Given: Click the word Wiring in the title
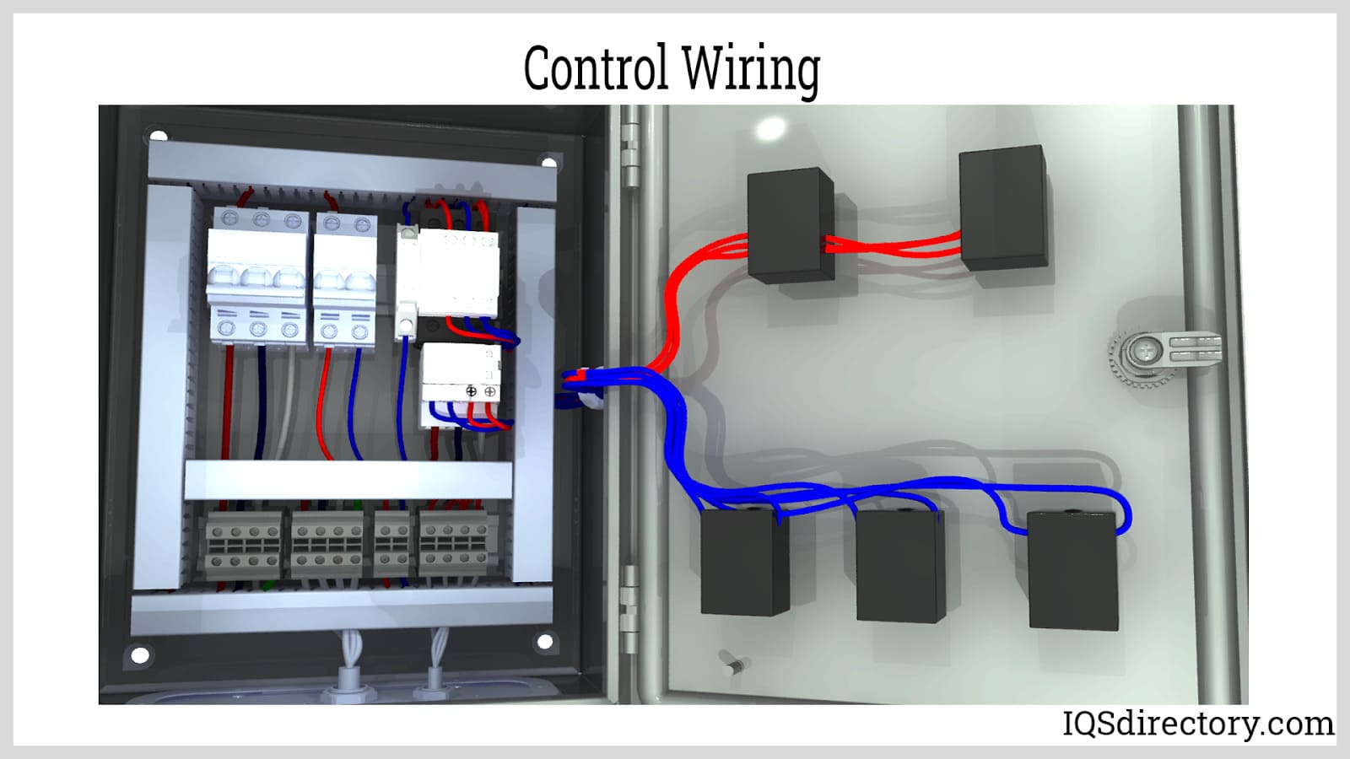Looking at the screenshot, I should [750, 69].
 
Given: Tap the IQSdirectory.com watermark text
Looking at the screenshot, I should [1197, 724].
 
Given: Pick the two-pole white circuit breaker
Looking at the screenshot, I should [345, 278].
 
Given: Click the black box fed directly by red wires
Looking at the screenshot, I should [790, 225].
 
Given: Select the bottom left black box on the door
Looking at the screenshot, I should [743, 561].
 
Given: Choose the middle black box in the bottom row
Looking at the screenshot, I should [899, 565].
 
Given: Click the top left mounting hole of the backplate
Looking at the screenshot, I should [158, 136].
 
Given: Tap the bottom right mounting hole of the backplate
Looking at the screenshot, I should [545, 643].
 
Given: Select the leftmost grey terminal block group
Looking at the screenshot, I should [243, 546].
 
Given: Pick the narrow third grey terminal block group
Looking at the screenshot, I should [391, 546].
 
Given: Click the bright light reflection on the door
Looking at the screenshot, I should [770, 129].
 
